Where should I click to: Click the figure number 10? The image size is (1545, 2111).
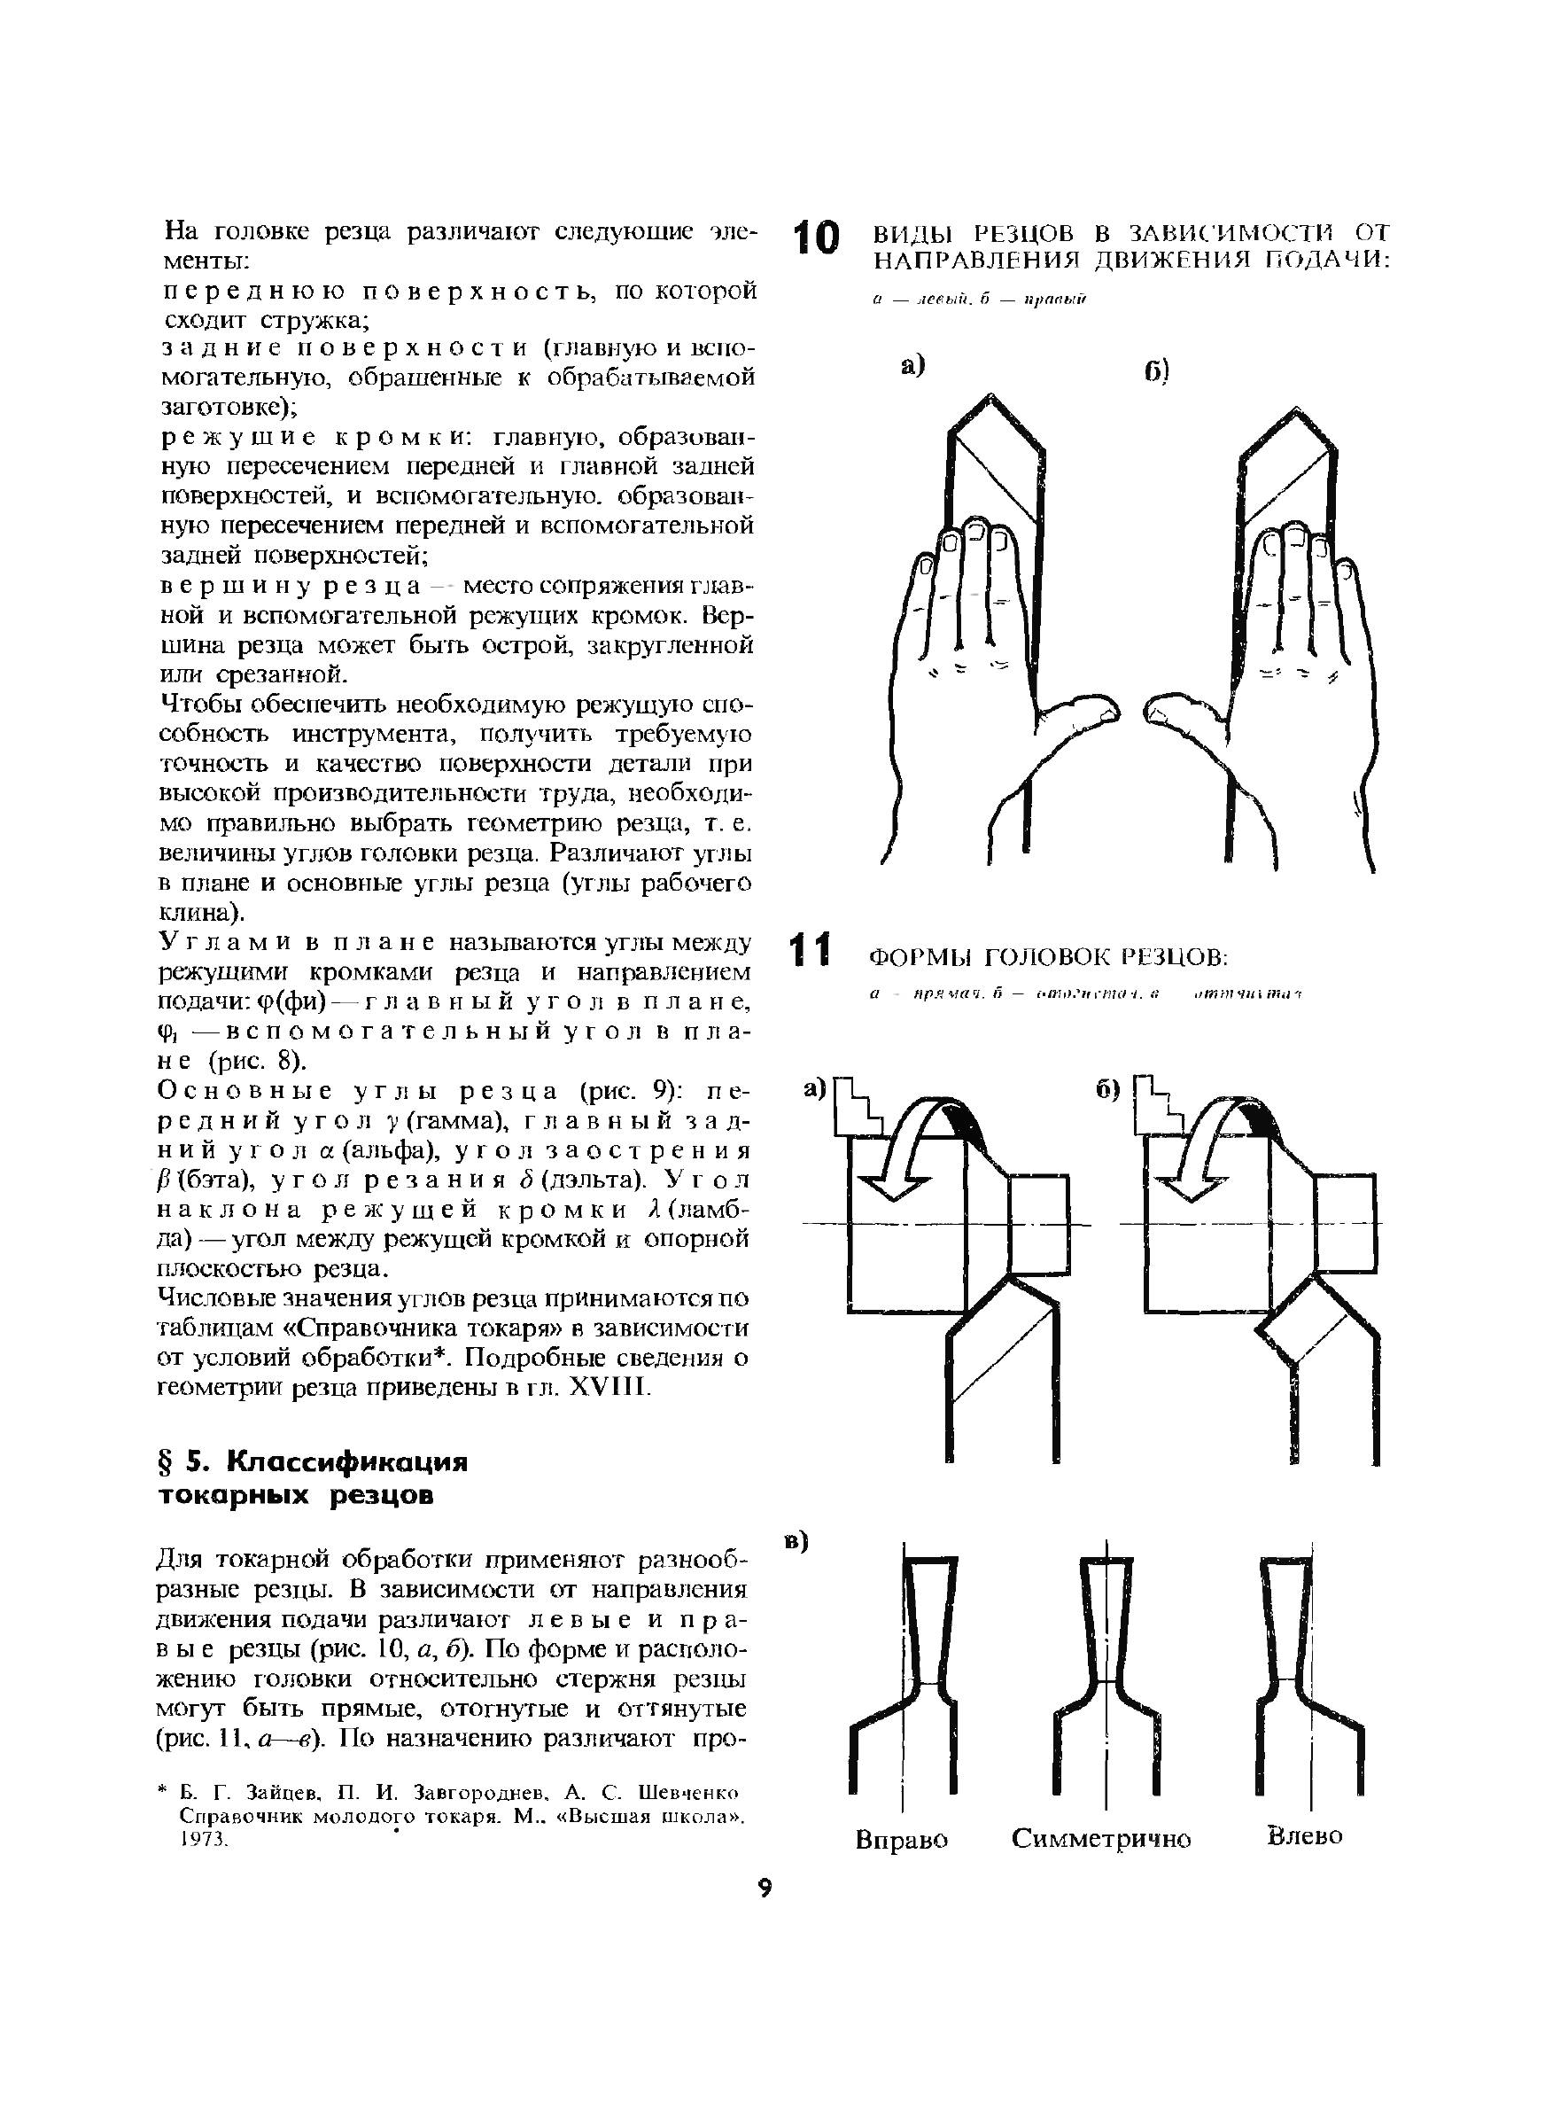816,238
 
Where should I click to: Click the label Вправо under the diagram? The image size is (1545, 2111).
902,1840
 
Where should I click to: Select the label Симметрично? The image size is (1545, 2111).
1101,1839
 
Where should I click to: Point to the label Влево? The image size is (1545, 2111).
1305,1835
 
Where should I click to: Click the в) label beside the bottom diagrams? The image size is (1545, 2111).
796,1541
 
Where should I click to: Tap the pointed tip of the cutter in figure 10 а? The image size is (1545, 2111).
990,399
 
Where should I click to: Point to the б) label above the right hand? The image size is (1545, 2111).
1156,371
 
